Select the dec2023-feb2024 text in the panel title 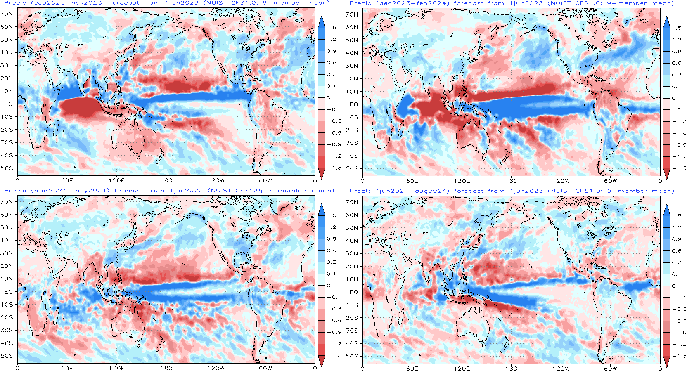point(413,3)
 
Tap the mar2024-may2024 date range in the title point(71,191)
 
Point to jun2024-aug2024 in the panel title point(413,191)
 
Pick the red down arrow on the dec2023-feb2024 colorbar point(666,174)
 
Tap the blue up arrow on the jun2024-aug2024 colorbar point(666,210)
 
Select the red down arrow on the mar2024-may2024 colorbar point(322,361)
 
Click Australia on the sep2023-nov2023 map point(128,136)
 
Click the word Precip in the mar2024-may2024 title point(15,191)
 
